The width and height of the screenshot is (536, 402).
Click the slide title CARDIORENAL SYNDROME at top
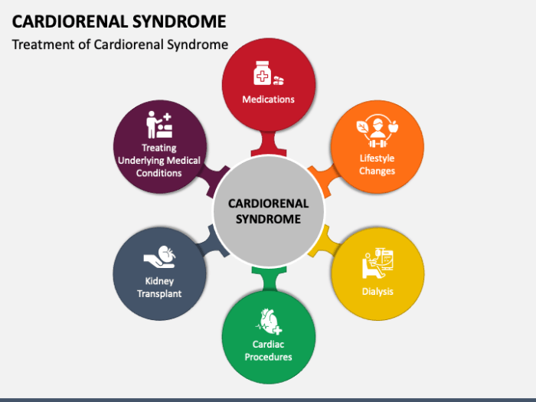pyautogui.click(x=119, y=21)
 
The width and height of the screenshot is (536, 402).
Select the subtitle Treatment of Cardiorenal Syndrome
pyautogui.click(x=120, y=44)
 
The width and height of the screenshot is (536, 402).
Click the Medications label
pyautogui.click(x=268, y=100)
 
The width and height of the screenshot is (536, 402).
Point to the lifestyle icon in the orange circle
pyautogui.click(x=377, y=132)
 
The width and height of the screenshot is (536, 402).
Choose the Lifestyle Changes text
pyautogui.click(x=377, y=165)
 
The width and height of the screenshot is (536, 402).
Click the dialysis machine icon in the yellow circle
pyautogui.click(x=377, y=264)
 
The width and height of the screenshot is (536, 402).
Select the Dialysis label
pyautogui.click(x=377, y=291)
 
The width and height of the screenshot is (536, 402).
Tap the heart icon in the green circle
pyautogui.click(x=270, y=320)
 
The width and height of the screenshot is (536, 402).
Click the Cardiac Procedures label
pyautogui.click(x=268, y=350)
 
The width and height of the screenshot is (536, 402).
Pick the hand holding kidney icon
pyautogui.click(x=160, y=255)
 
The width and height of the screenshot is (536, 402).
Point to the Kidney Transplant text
pyautogui.click(x=159, y=287)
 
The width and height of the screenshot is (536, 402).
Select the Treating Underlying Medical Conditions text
pyautogui.click(x=159, y=160)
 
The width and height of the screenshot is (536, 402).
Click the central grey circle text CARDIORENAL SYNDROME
pyautogui.click(x=269, y=211)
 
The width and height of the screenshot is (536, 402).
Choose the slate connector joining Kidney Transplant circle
pyautogui.click(x=212, y=243)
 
